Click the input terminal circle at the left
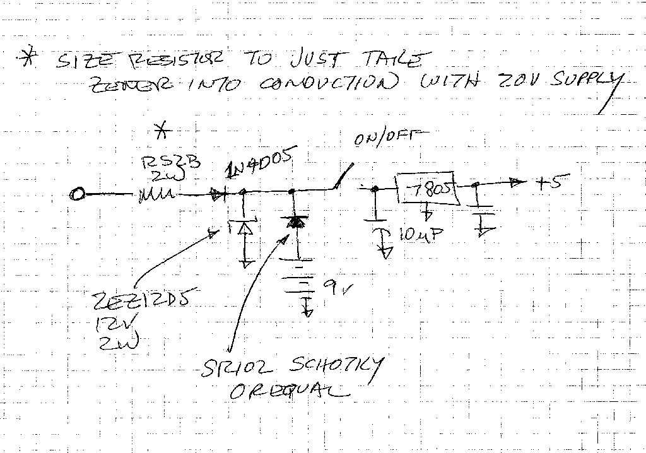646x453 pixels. click(x=77, y=195)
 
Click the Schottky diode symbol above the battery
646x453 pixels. click(x=292, y=222)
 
